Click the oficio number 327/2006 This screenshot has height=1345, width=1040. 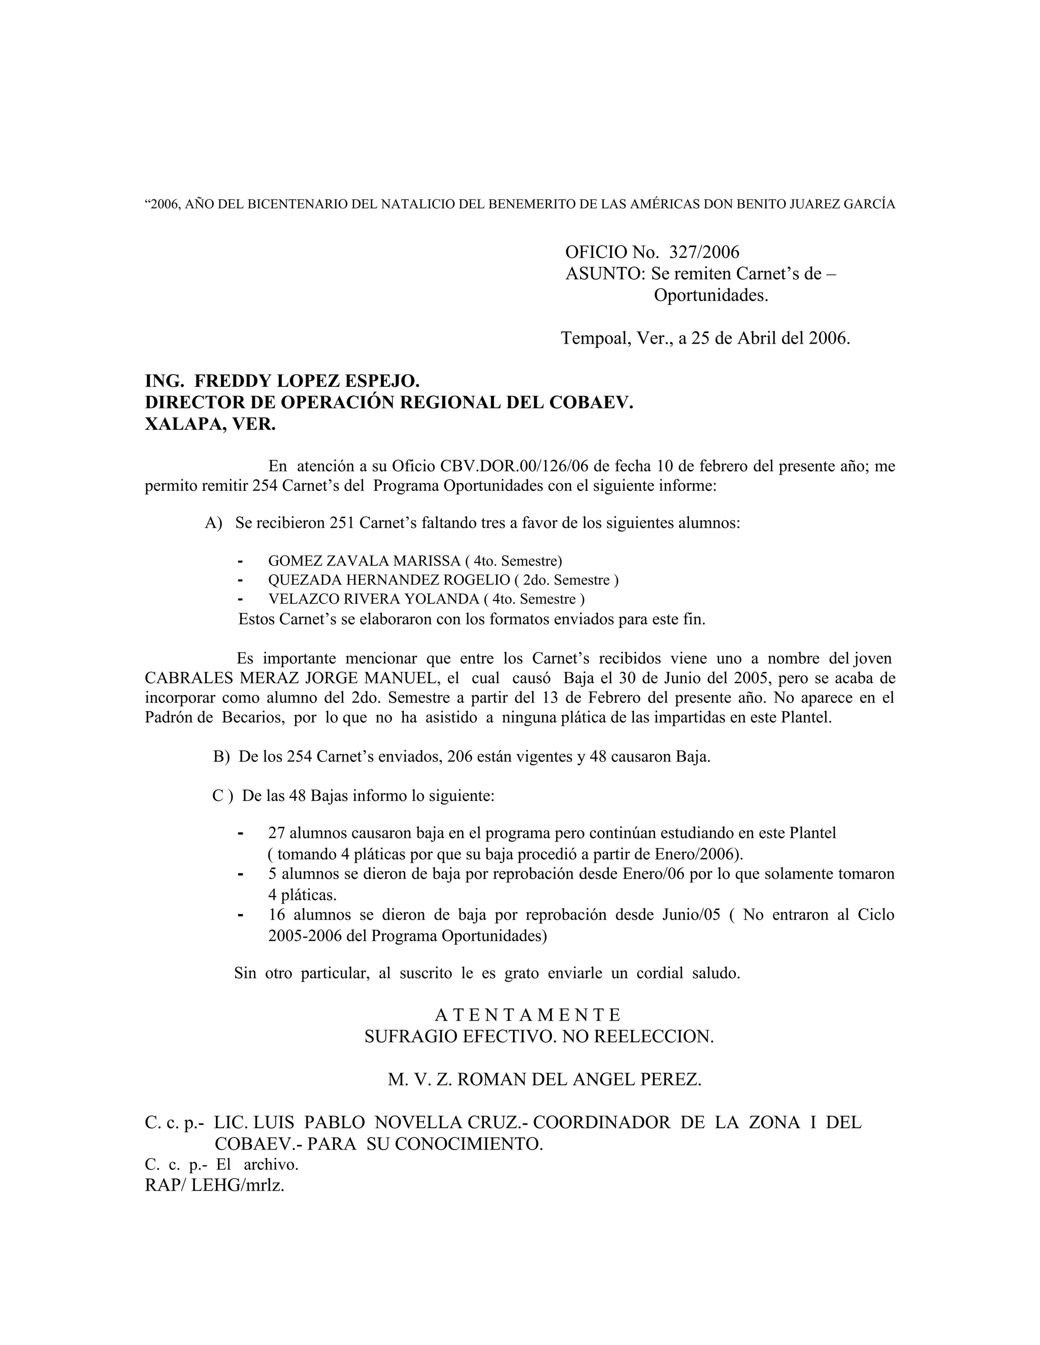coord(704,252)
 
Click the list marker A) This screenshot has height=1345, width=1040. coord(213,523)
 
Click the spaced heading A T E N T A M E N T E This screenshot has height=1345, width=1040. coord(528,1014)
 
